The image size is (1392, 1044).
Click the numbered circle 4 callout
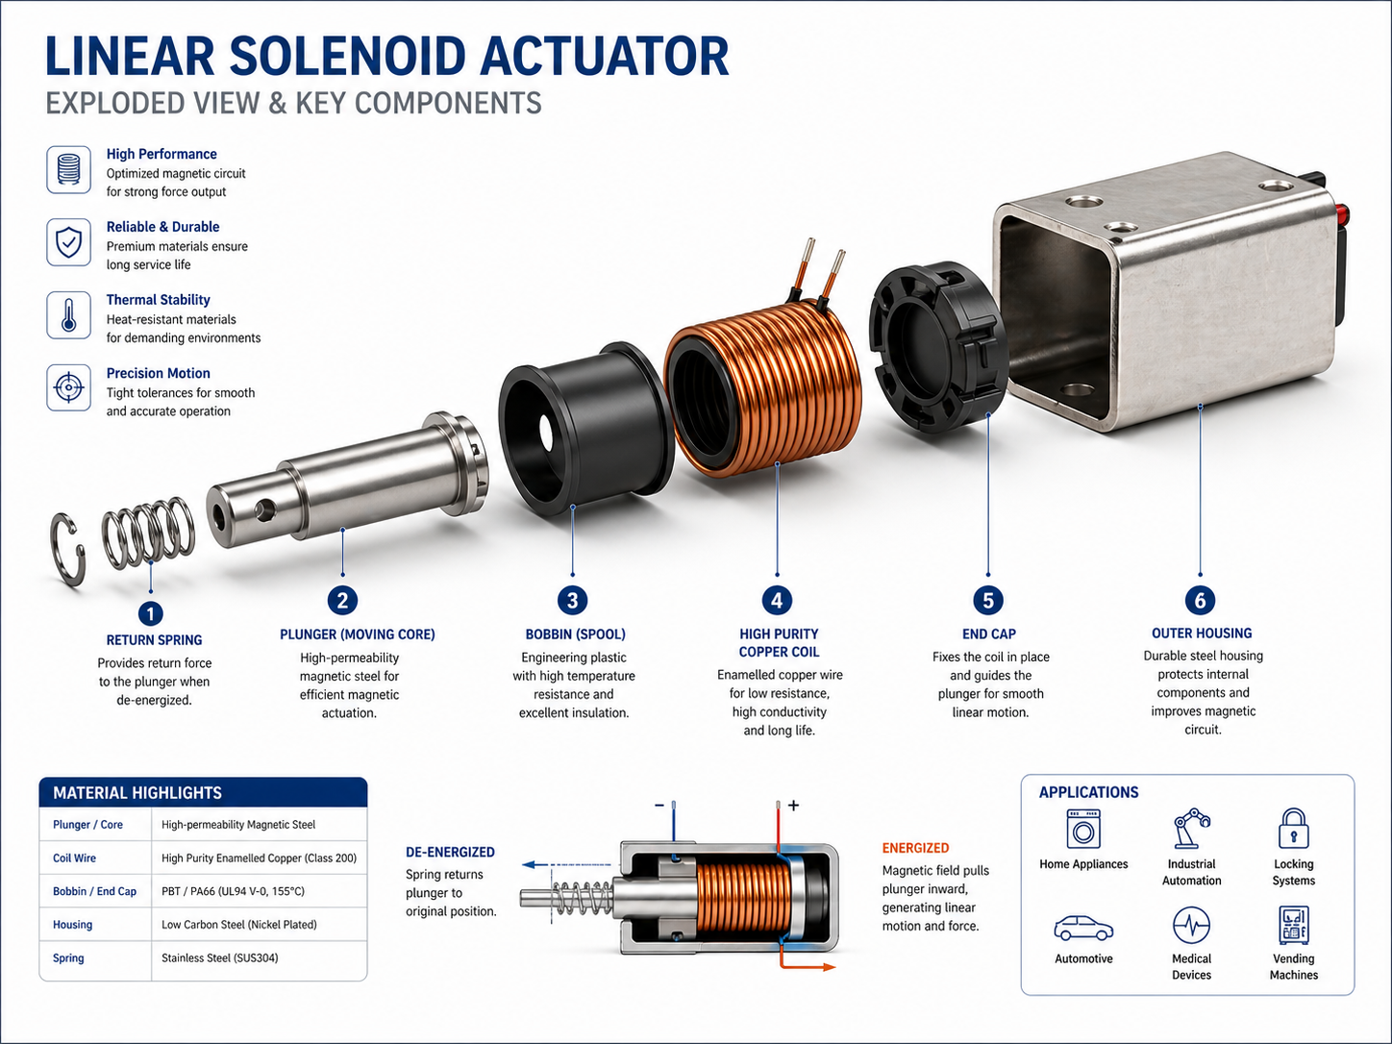coord(777,600)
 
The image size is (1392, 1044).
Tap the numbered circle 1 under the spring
coord(150,613)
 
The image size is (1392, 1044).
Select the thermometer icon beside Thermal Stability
coord(68,315)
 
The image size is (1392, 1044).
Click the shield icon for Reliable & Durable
coord(68,242)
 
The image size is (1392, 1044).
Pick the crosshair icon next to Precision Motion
coord(68,388)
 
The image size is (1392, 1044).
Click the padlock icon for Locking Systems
coord(1293,828)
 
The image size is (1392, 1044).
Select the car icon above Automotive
coord(1083,928)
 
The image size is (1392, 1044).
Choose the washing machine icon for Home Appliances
coord(1083,829)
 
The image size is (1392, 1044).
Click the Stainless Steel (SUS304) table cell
coord(220,957)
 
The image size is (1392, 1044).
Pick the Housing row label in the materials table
coord(72,924)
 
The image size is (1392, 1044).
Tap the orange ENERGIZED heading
coord(915,848)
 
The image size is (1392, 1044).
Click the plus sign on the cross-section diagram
coord(793,805)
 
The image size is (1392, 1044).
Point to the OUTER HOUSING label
coord(1202,633)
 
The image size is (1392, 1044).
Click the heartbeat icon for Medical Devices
coord(1191,925)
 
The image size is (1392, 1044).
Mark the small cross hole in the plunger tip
coord(265,509)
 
